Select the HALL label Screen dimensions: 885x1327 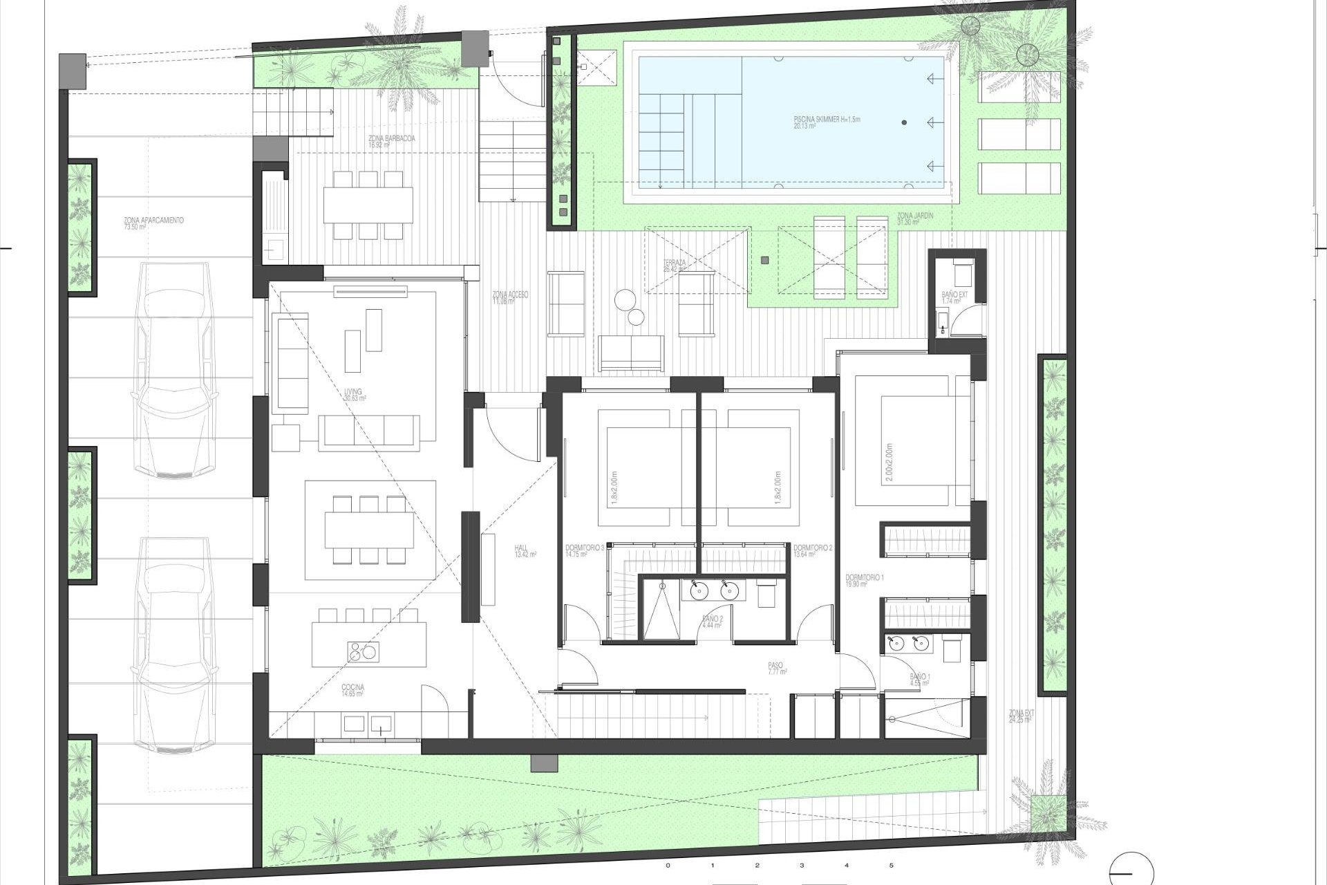pos(522,551)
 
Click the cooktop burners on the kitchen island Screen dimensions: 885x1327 pos(363,651)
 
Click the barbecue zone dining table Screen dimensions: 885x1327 pos(368,205)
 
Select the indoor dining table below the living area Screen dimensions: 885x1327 pos(368,530)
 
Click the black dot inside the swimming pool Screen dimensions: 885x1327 pos(904,122)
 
